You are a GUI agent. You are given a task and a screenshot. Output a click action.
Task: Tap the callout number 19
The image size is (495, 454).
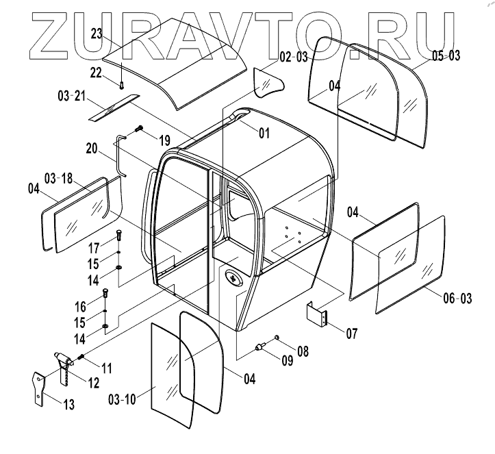click(164, 140)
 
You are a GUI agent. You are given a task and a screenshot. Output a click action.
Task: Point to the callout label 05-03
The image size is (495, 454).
click(446, 55)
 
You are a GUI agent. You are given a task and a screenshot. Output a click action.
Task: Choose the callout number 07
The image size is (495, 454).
click(351, 335)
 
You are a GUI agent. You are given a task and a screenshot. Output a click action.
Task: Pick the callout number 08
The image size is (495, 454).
click(302, 352)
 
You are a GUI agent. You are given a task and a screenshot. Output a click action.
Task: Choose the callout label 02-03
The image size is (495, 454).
click(293, 58)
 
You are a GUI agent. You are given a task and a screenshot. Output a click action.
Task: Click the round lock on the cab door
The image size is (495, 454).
click(233, 279)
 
